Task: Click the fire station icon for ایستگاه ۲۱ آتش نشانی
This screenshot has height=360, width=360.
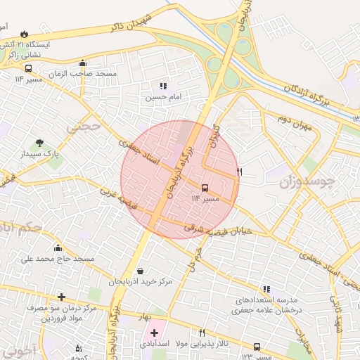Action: (25, 33)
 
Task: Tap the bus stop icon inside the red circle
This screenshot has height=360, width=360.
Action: (205, 188)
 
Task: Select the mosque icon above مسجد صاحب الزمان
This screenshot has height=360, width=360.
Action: (83, 63)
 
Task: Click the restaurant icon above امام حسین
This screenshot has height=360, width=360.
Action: (163, 86)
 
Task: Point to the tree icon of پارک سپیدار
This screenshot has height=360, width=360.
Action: (39, 143)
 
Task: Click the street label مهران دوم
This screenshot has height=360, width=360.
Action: (294, 122)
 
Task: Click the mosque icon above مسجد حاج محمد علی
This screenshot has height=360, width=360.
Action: (58, 247)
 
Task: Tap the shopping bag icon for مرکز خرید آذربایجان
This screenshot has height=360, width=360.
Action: (141, 271)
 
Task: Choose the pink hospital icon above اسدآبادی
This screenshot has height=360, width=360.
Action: (155, 333)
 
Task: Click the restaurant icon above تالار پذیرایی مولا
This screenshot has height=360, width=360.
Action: (202, 333)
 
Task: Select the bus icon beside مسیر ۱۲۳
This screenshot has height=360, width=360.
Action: (257, 347)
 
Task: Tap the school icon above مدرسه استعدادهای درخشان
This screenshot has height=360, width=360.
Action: (266, 289)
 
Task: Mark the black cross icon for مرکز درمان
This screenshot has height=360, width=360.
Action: (62, 297)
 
